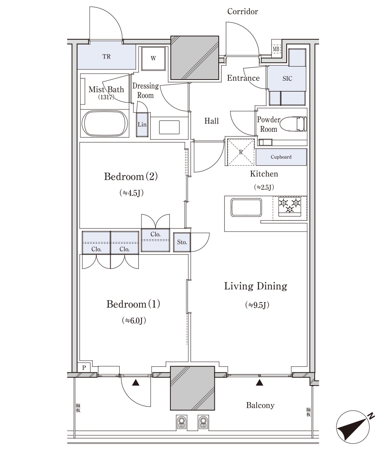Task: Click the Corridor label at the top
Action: coord(242,12)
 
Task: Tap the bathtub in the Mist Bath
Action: coord(105,124)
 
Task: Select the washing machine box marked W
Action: coord(153,58)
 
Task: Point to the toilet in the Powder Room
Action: coord(294,124)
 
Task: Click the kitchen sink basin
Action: coord(246,207)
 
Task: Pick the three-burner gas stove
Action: coord(290,206)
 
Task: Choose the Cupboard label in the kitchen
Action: coord(281,157)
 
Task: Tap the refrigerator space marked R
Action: coord(241,152)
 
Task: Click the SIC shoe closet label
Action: coord(287,78)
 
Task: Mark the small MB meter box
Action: coord(276,49)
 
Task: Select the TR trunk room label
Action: coord(106,57)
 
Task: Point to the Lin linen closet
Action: coord(142,125)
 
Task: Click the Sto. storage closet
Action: coord(182,242)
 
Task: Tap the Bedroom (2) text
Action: coord(131,176)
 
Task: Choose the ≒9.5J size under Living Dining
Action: coord(257,305)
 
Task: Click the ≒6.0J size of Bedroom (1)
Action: coord(134,320)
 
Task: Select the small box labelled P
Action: coord(84,367)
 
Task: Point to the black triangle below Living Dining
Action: coord(260,382)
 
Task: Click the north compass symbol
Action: coord(354,426)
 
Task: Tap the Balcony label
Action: coord(260,405)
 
